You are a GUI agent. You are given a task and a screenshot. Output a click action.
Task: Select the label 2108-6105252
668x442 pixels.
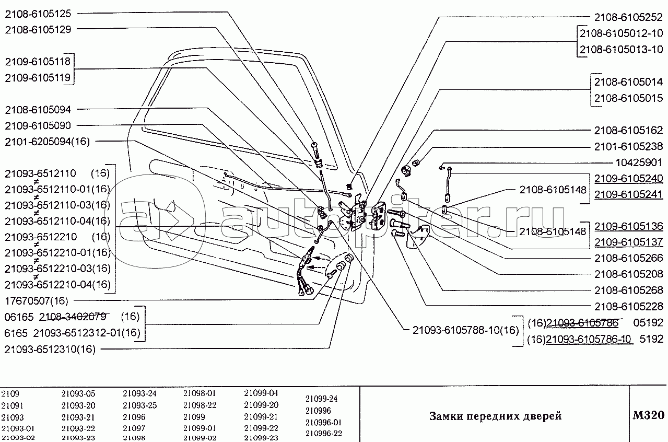629,16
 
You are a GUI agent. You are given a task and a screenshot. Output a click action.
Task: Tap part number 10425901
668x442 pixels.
637,162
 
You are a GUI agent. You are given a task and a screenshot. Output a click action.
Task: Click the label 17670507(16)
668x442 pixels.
35,301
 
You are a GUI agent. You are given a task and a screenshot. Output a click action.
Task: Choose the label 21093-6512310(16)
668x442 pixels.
49,350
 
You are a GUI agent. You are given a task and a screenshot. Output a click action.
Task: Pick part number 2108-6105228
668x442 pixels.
629,306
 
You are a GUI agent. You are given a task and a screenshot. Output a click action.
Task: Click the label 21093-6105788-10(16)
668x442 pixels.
466,330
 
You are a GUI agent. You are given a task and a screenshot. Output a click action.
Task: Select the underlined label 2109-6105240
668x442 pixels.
629,179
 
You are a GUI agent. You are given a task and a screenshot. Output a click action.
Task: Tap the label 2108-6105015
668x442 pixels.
629,98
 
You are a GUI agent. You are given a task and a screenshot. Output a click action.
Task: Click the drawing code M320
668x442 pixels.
648,416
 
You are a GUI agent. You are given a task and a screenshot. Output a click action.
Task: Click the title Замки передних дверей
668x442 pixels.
495,416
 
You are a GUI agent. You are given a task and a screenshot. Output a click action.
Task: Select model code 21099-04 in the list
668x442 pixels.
261,393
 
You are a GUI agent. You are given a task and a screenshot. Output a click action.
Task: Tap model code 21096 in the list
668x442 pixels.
134,417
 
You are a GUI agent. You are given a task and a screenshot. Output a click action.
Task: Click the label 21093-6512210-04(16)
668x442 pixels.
57,285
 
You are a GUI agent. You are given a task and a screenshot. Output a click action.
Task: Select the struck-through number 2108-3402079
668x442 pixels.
73,317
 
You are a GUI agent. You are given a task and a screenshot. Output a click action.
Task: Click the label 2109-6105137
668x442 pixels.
629,243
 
